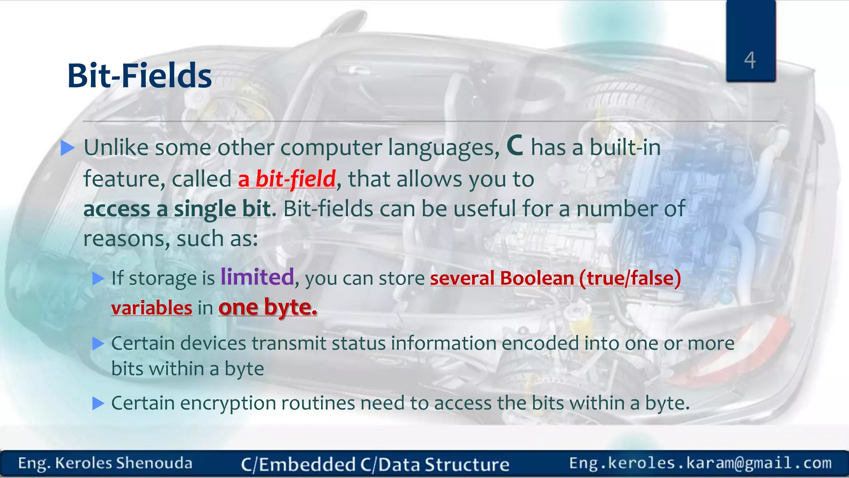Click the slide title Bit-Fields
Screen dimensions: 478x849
pyautogui.click(x=139, y=76)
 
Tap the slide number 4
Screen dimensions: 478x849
pyautogui.click(x=750, y=60)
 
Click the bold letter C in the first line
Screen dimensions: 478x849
pyautogui.click(x=515, y=146)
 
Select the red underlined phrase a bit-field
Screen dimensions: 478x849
pyautogui.click(x=287, y=179)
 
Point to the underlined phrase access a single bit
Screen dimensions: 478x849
pyautogui.click(x=177, y=209)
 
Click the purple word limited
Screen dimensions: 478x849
pyautogui.click(x=257, y=277)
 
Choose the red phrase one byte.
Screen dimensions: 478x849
pyautogui.click(x=268, y=307)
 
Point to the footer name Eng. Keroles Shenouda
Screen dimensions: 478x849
pyautogui.click(x=105, y=463)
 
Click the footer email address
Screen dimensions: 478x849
pyautogui.click(x=700, y=463)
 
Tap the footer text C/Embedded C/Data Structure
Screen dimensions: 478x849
pyautogui.click(x=375, y=464)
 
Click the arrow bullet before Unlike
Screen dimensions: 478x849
pyautogui.click(x=68, y=148)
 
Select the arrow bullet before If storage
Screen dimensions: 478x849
pyautogui.click(x=98, y=278)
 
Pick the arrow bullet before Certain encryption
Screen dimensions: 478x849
pyautogui.click(x=98, y=403)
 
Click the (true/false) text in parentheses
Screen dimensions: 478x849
pyautogui.click(x=630, y=278)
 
